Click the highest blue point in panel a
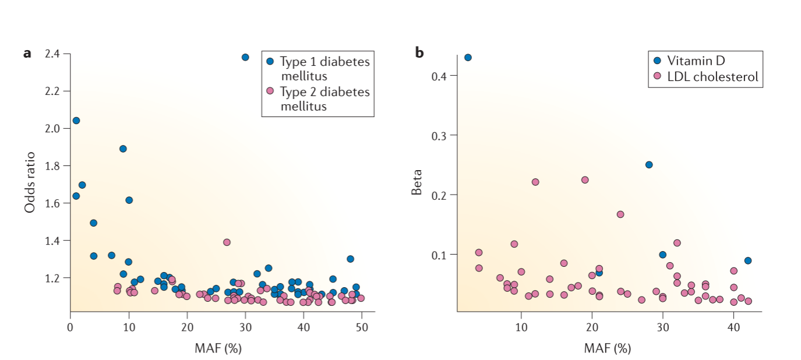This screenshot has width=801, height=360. [x=245, y=57]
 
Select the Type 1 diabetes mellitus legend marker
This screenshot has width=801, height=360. [x=270, y=61]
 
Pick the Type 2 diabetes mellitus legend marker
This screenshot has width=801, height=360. [x=270, y=91]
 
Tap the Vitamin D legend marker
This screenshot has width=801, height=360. [x=658, y=60]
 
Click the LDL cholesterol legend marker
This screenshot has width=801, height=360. [x=658, y=76]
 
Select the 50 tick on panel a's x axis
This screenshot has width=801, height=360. [x=361, y=328]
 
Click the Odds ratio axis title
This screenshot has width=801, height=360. [x=30, y=182]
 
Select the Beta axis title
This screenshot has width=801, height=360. [x=417, y=182]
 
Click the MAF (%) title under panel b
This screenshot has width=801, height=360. [x=608, y=348]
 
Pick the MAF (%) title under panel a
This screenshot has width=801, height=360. [x=218, y=348]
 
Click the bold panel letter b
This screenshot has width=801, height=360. [x=419, y=53]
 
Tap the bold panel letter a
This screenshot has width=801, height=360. [x=27, y=54]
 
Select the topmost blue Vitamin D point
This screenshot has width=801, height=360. [x=468, y=57]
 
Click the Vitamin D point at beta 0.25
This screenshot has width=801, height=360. [x=649, y=164]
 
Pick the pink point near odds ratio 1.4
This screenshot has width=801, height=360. [x=227, y=242]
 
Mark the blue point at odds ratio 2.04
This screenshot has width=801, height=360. [x=76, y=121]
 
